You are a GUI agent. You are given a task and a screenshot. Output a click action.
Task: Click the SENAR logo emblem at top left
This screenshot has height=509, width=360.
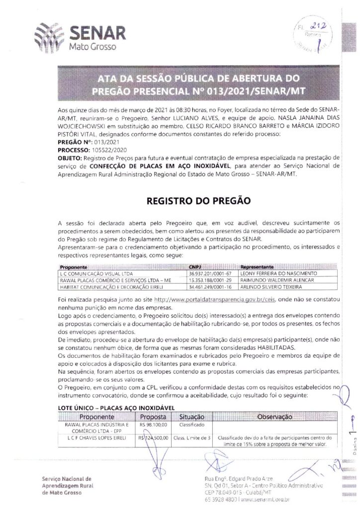point(49,37)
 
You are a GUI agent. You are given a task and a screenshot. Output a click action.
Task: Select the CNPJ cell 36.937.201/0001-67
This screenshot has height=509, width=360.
point(211,273)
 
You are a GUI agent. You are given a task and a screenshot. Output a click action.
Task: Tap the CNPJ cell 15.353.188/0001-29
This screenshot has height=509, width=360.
point(211,280)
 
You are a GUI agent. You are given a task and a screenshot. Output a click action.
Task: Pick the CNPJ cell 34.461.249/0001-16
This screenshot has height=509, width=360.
point(211,287)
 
